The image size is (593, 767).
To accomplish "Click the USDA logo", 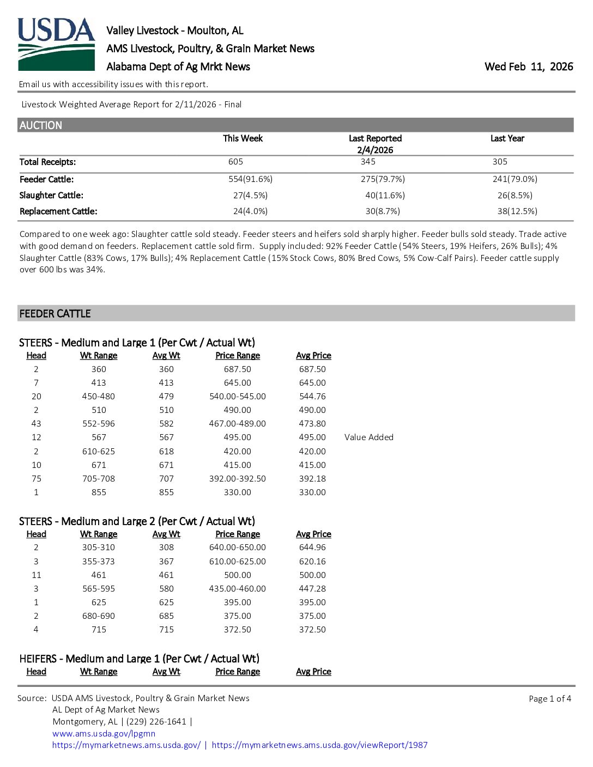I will [x=56, y=45].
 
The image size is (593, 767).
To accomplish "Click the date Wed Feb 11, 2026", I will [x=528, y=66].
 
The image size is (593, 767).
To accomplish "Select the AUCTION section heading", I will [x=41, y=125].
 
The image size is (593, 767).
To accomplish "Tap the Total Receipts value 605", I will [x=235, y=162].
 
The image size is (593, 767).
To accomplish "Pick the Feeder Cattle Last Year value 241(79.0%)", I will [x=515, y=179].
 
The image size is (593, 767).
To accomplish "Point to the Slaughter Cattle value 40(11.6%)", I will [x=385, y=195].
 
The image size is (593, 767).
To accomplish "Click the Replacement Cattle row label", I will [x=58, y=211].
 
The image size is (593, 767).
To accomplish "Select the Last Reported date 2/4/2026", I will [x=375, y=150].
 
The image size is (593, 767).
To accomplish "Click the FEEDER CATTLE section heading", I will [x=55, y=314].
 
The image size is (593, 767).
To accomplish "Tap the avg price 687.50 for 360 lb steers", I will [x=312, y=369].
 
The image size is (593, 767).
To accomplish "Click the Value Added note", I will [x=368, y=437].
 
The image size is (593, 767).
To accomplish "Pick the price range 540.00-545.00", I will [x=238, y=397].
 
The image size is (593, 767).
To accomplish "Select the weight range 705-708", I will [x=99, y=479].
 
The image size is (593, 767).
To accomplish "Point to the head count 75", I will [x=37, y=479].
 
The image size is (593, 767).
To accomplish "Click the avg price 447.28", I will [x=312, y=589].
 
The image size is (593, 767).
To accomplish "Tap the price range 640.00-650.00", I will [x=238, y=547].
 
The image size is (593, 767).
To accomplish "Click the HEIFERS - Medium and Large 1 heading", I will [x=139, y=659].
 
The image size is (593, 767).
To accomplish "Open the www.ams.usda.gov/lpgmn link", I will [x=104, y=733].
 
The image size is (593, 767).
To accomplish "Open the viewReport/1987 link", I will [x=319, y=745].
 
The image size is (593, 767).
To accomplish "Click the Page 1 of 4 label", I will [x=549, y=698].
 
